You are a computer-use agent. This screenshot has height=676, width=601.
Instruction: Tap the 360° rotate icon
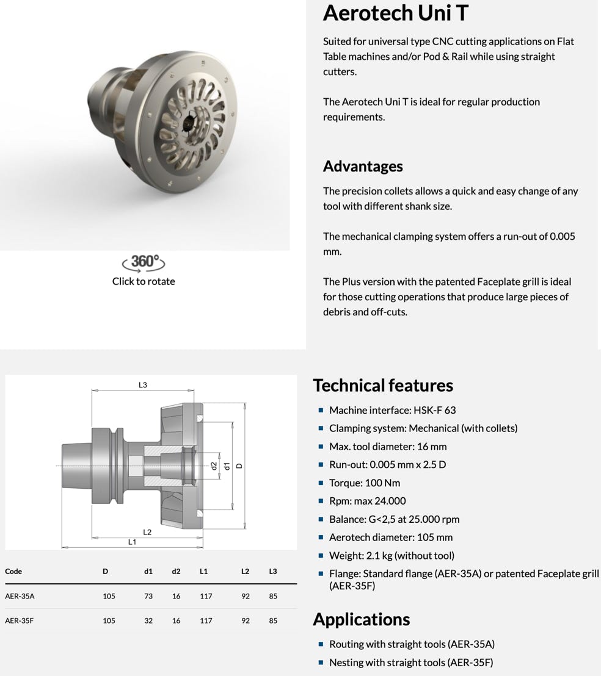[x=144, y=262]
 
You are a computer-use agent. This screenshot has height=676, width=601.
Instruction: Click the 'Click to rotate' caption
[x=144, y=281]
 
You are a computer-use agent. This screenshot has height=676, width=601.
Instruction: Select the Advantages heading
[x=363, y=166]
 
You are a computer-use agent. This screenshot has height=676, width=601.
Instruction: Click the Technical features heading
[x=383, y=385]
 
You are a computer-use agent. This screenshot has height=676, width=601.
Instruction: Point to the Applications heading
[x=361, y=619]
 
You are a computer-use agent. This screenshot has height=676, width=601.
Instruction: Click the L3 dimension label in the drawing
[x=143, y=385]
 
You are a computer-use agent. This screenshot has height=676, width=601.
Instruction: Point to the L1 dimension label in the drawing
[x=132, y=542]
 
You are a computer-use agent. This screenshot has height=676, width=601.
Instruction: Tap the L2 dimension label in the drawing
[x=147, y=532]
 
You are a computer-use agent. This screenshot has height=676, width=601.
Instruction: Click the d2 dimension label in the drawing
[x=214, y=466]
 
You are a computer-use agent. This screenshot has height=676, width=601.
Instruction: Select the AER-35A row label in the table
[x=20, y=596]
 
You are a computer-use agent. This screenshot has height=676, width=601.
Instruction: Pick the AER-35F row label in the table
[x=20, y=620]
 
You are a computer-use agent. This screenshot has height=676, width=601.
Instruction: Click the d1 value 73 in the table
[x=148, y=596]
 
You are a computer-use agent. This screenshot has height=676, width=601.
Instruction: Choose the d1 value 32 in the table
[x=148, y=620]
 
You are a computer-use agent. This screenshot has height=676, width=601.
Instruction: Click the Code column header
[x=13, y=572]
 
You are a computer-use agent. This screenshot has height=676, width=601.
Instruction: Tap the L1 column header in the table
[x=204, y=572]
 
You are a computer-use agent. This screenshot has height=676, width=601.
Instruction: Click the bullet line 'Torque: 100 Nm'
[x=365, y=483]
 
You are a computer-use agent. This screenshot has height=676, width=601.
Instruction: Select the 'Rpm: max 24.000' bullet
[x=367, y=501]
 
